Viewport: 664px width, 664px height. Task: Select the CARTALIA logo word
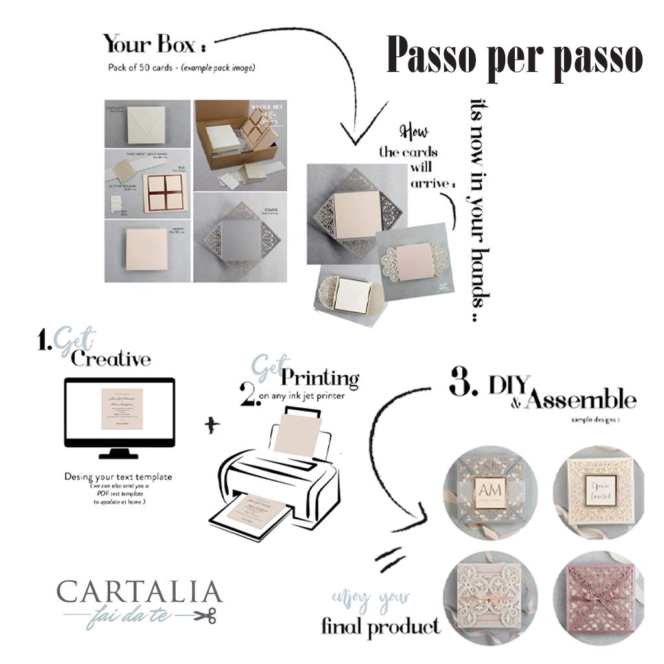[x=139, y=592]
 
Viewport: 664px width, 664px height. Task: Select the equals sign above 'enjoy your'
[x=390, y=559]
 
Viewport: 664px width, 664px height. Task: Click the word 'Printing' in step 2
[x=320, y=377]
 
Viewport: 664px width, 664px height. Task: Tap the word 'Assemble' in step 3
[x=581, y=398]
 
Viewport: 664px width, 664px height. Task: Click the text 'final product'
[x=381, y=627]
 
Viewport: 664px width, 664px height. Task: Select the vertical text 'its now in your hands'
[x=481, y=207]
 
